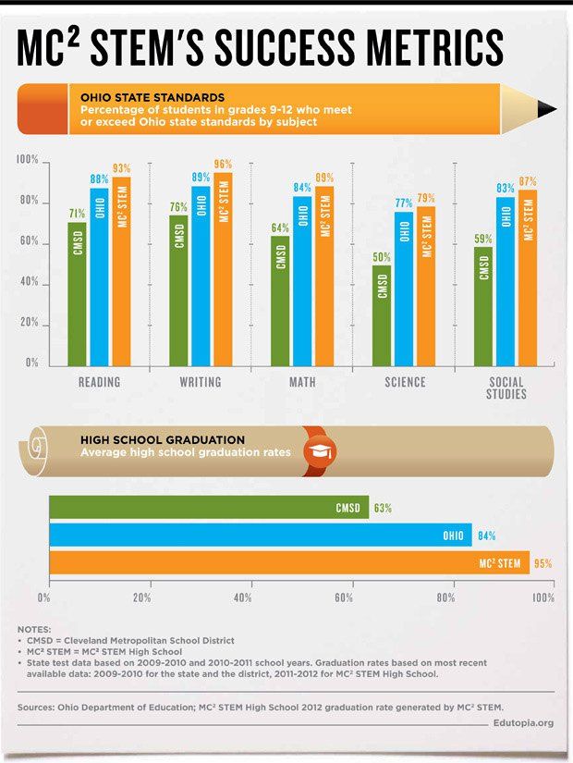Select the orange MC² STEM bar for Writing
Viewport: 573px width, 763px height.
point(223,268)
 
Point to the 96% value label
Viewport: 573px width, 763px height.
point(223,165)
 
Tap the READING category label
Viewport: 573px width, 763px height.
point(99,382)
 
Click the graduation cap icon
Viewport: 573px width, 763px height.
point(321,451)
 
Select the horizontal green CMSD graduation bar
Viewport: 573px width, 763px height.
point(208,508)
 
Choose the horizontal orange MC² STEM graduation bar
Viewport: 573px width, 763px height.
point(288,562)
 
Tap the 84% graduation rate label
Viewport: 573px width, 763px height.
point(485,535)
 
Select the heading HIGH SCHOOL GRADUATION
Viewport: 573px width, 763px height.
point(162,439)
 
